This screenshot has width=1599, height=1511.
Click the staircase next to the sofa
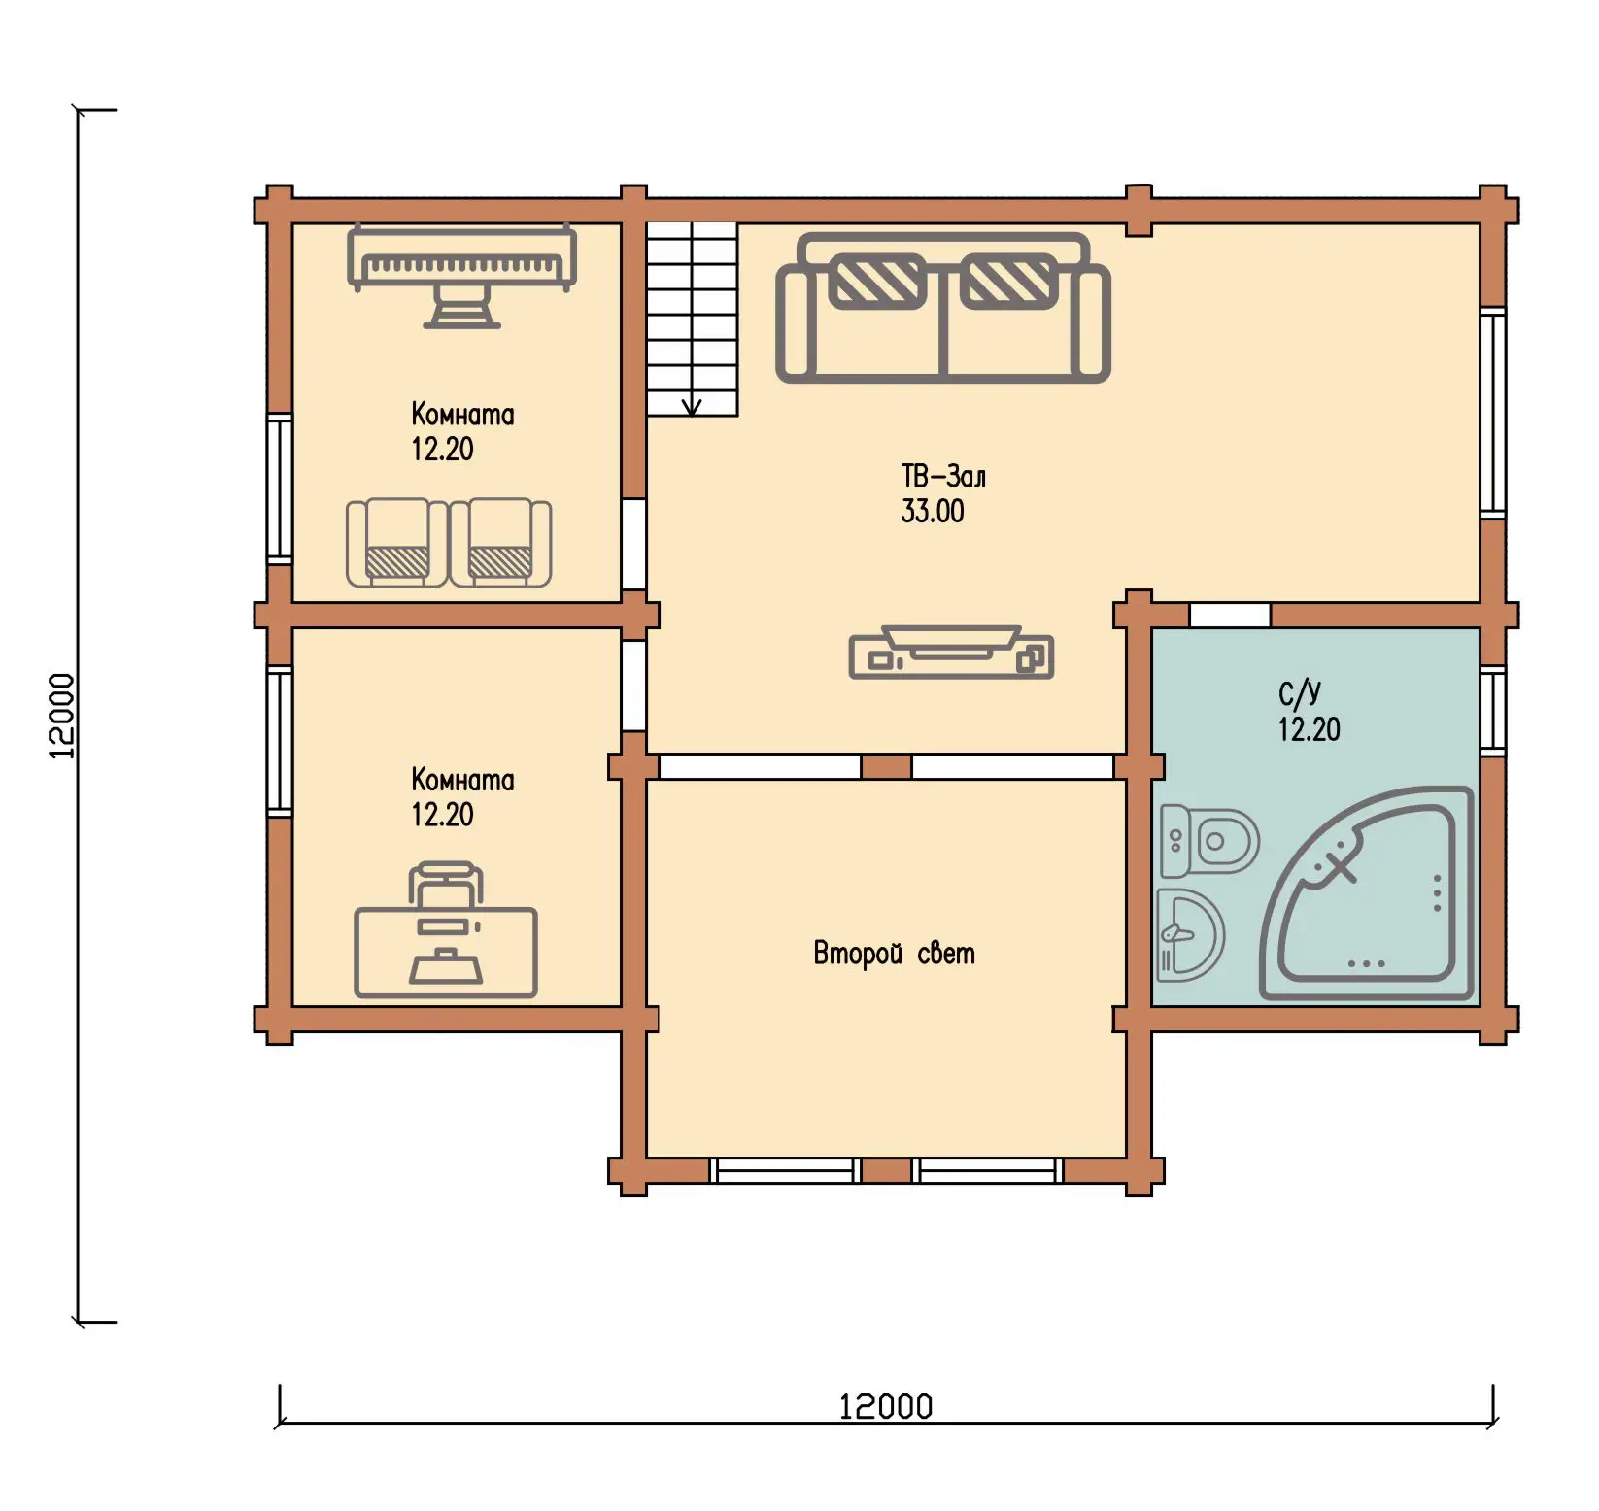[693, 319]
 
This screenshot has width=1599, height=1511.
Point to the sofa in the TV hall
[942, 307]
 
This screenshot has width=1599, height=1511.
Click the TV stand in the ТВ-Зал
[951, 652]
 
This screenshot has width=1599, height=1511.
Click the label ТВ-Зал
[943, 477]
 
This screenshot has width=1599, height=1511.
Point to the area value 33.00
[933, 512]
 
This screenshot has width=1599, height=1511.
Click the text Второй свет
[894, 954]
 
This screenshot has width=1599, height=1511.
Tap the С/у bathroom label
[1299, 693]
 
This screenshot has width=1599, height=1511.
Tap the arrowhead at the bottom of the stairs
[692, 408]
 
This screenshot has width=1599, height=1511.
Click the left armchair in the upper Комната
[396, 543]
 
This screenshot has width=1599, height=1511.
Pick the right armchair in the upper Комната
[500, 543]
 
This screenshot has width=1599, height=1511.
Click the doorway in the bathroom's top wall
[1230, 615]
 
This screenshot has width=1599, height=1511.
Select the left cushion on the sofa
[877, 281]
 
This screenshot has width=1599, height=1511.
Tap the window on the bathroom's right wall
[1493, 710]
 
